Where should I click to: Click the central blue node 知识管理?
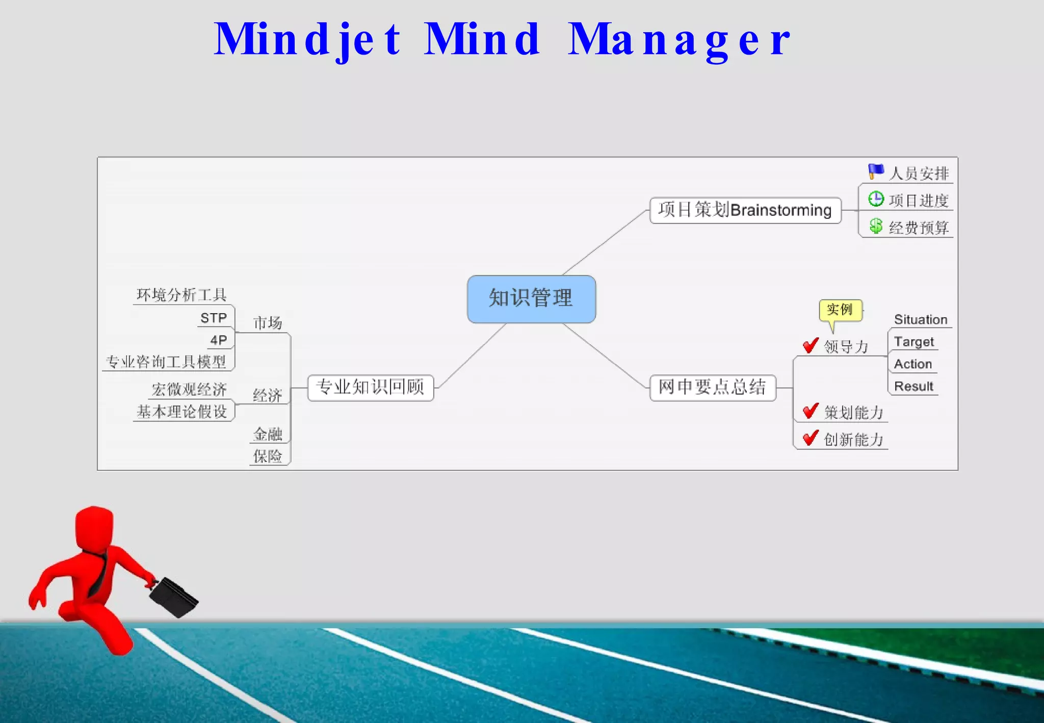tap(531, 299)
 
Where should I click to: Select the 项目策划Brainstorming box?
tap(745, 210)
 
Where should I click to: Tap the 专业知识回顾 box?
tap(371, 388)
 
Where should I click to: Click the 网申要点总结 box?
tap(712, 388)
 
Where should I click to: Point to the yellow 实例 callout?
tap(840, 310)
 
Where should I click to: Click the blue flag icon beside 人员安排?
tap(876, 171)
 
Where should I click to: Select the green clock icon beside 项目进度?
tap(876, 199)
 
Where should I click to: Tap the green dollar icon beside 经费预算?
tap(876, 226)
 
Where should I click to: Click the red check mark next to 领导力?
tap(810, 346)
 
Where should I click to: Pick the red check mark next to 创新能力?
tap(810, 438)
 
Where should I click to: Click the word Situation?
tap(920, 320)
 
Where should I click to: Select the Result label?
tap(913, 386)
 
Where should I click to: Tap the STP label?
tap(214, 318)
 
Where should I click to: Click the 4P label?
tap(219, 340)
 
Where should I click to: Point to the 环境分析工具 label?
tap(181, 295)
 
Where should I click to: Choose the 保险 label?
tap(268, 456)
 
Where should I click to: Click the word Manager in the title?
tap(679, 40)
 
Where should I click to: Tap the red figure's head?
tap(94, 528)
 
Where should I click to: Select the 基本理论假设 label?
tap(182, 412)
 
